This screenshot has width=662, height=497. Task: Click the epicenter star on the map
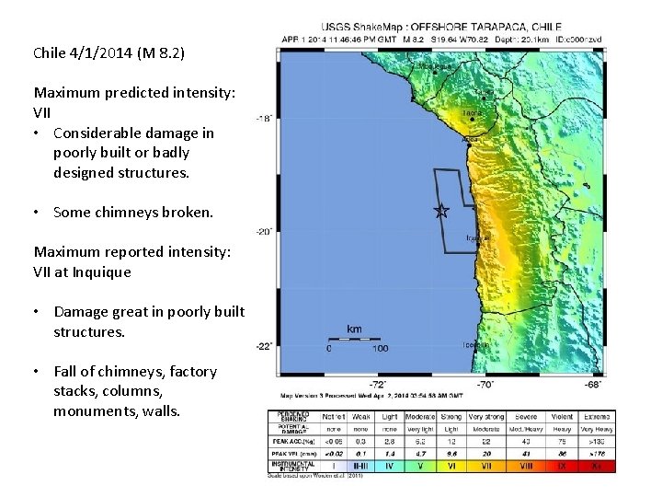pyautogui.click(x=440, y=211)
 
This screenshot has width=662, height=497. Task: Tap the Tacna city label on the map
pyautogui.click(x=473, y=113)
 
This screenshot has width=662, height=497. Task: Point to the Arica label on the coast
pyautogui.click(x=470, y=140)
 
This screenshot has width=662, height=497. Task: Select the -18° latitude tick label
pyautogui.click(x=264, y=119)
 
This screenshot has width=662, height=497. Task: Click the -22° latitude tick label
pyautogui.click(x=264, y=346)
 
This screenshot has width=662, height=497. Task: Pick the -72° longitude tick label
pyautogui.click(x=377, y=384)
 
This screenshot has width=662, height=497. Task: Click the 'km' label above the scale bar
pyautogui.click(x=354, y=329)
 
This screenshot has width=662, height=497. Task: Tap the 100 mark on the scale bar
pyautogui.click(x=379, y=349)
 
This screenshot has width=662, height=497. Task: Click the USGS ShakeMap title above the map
pyautogui.click(x=440, y=28)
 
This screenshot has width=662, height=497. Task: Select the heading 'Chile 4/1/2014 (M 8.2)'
pyautogui.click(x=108, y=53)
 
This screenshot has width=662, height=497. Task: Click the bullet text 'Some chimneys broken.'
pyautogui.click(x=132, y=212)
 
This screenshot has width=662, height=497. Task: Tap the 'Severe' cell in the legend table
pyautogui.click(x=527, y=417)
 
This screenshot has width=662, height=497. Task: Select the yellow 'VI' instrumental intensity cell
pyautogui.click(x=452, y=466)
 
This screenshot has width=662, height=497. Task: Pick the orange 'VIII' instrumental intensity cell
pyautogui.click(x=527, y=466)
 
